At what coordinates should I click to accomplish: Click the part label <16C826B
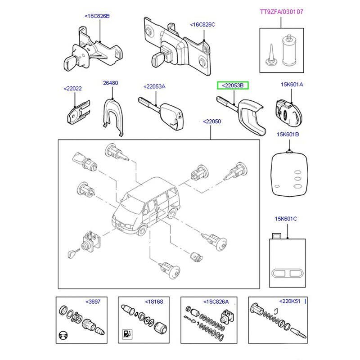[97, 16]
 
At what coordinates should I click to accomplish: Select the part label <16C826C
[202, 24]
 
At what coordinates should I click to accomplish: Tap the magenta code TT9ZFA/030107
[282, 12]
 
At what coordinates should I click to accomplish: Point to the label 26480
[110, 83]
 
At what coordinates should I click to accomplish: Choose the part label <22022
[72, 89]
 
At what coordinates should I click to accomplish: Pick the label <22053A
[154, 86]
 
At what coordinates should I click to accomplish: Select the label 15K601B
[288, 134]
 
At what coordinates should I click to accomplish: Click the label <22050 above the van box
[211, 121]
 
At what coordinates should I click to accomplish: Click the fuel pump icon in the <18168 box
[127, 334]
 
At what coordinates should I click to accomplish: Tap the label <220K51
[290, 301]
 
